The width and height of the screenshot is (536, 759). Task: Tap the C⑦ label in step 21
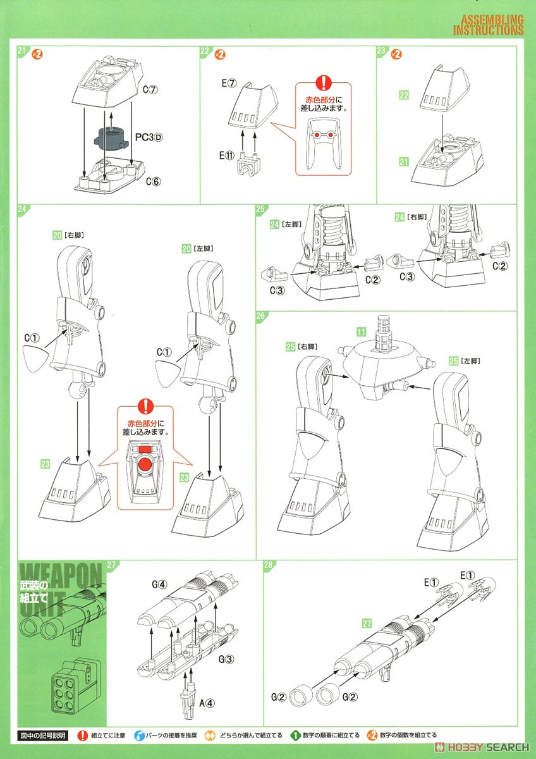[x=150, y=90]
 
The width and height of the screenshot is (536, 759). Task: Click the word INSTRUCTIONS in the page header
[x=489, y=30]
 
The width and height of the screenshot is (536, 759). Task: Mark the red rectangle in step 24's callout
[x=145, y=448]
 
